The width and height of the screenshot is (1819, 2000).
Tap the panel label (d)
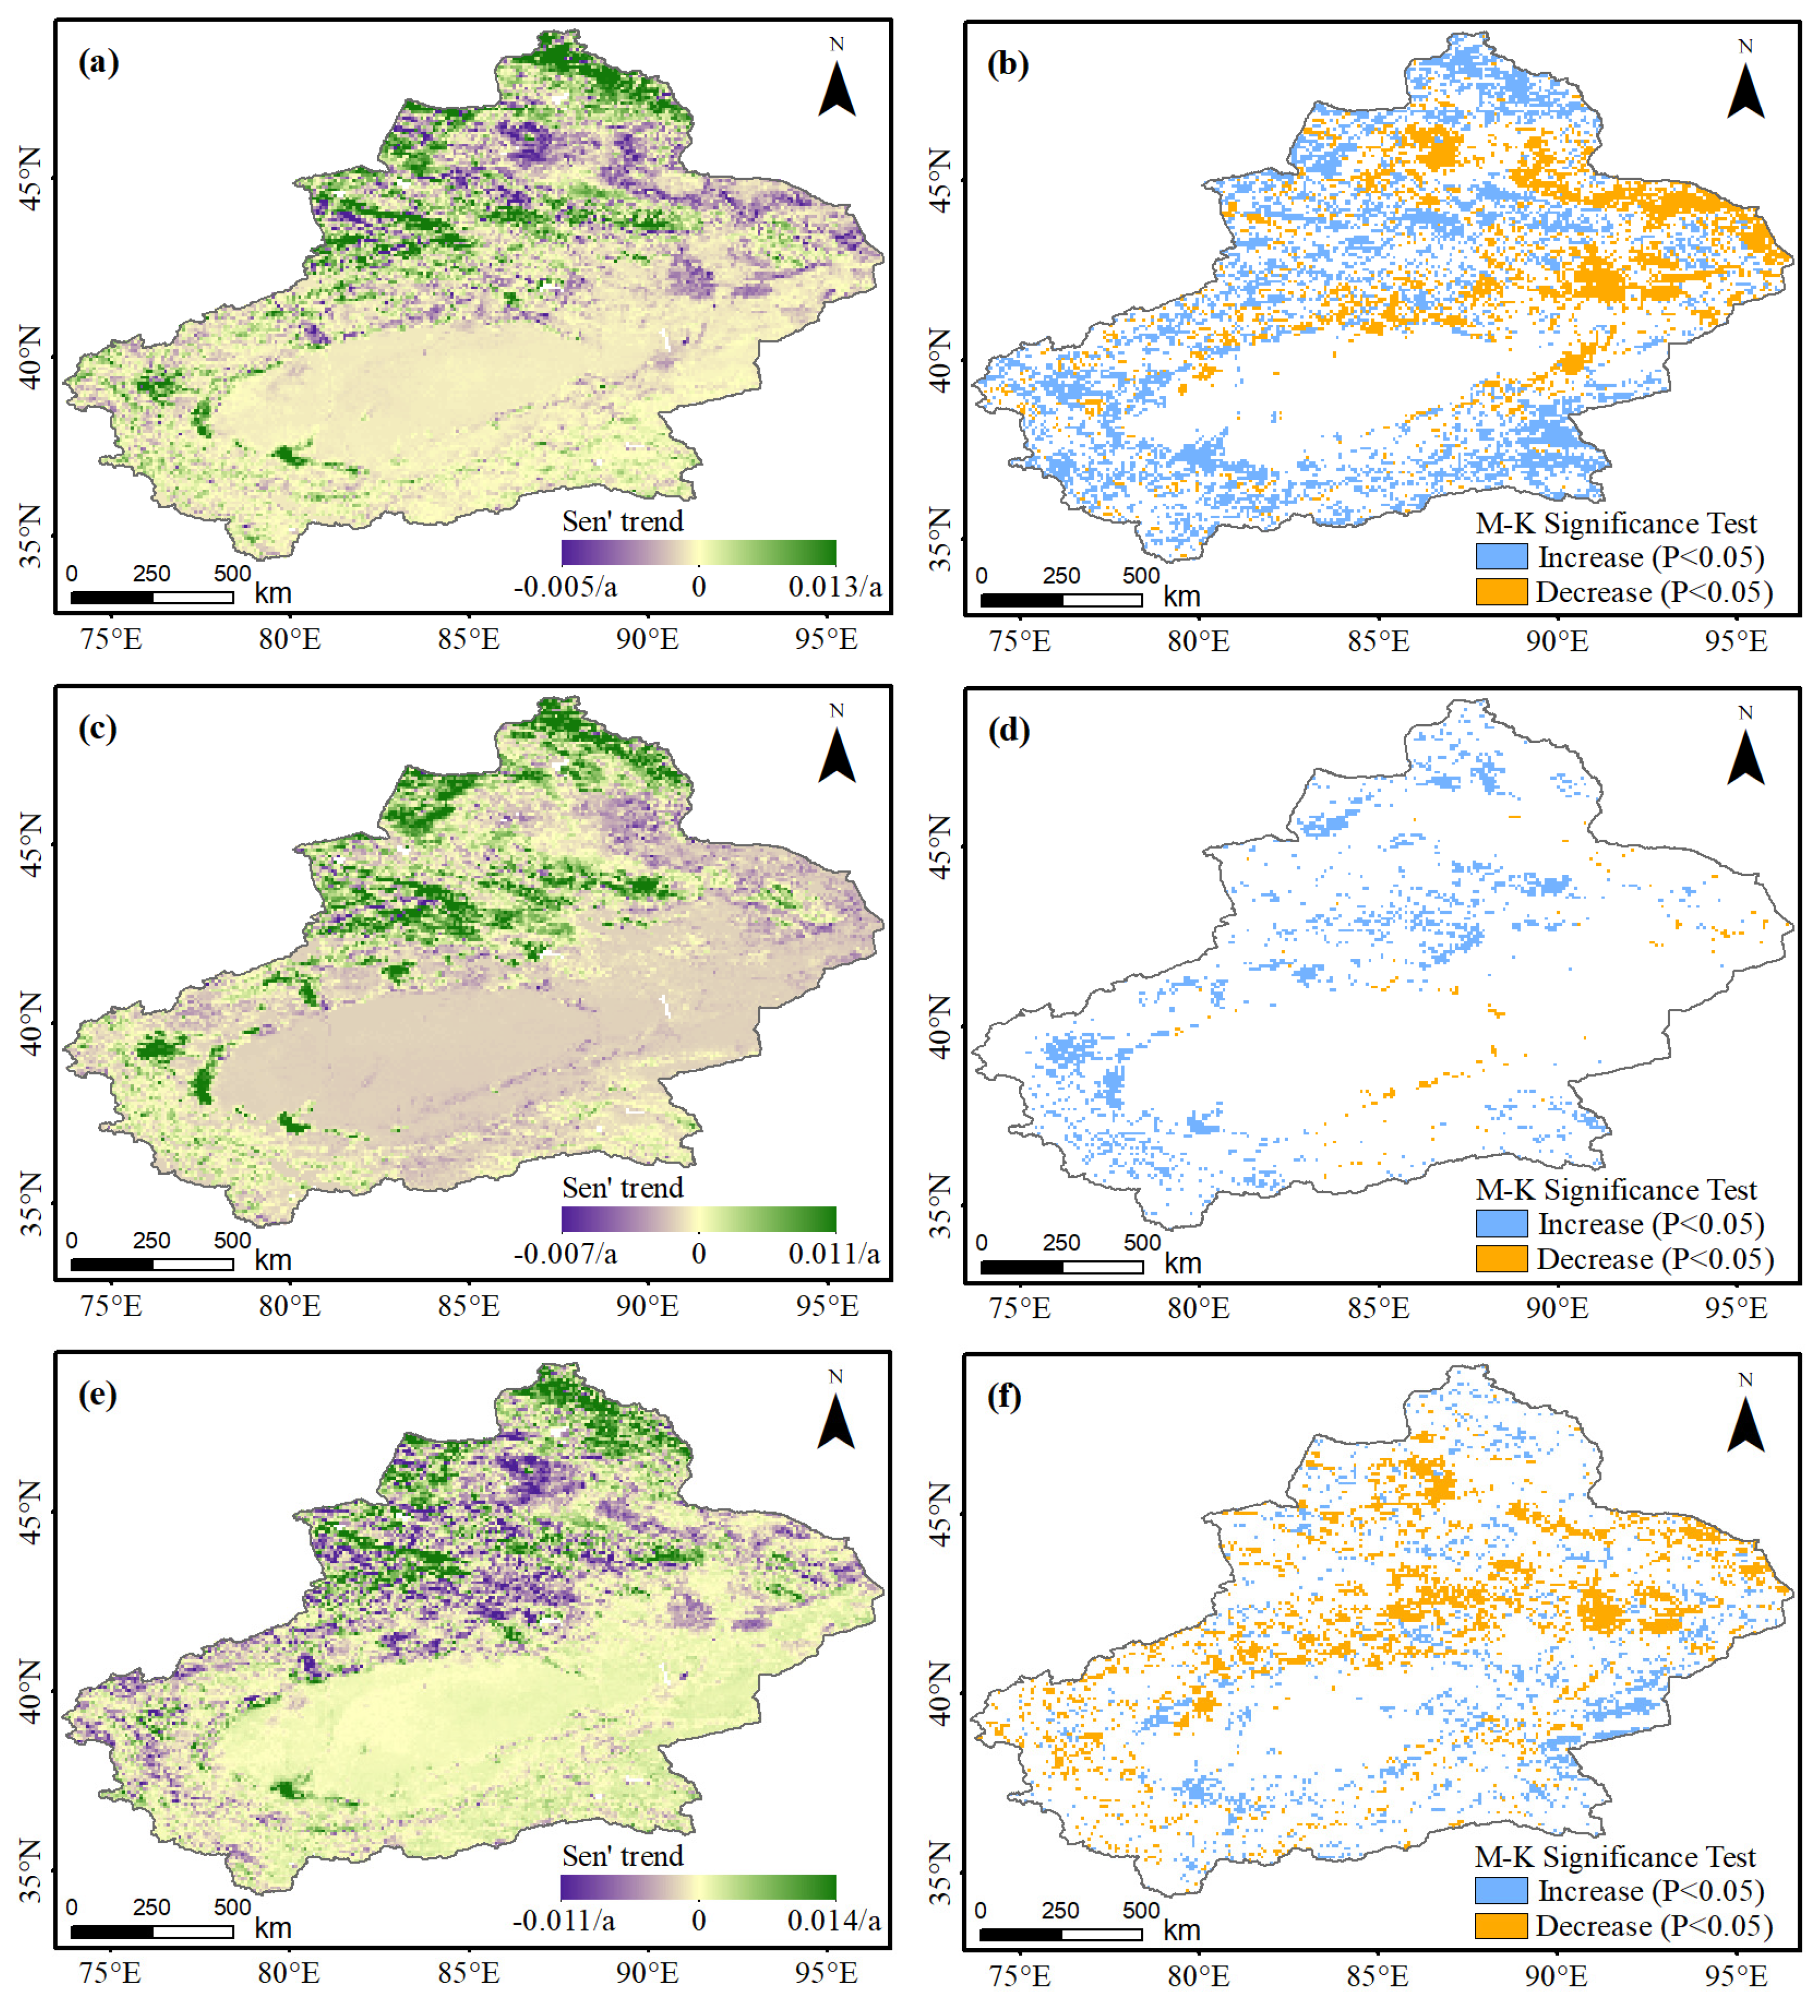(1008, 731)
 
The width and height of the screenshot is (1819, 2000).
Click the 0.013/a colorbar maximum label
(834, 587)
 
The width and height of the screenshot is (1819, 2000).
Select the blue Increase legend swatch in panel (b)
(1501, 557)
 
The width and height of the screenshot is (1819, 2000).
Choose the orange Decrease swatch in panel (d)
(1501, 1259)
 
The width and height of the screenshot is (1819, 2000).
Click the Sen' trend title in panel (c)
(622, 1188)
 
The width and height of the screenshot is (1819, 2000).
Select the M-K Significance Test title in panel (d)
(1615, 1190)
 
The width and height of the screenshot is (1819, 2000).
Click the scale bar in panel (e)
(151, 1931)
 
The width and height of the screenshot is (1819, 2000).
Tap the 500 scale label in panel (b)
(1141, 575)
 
